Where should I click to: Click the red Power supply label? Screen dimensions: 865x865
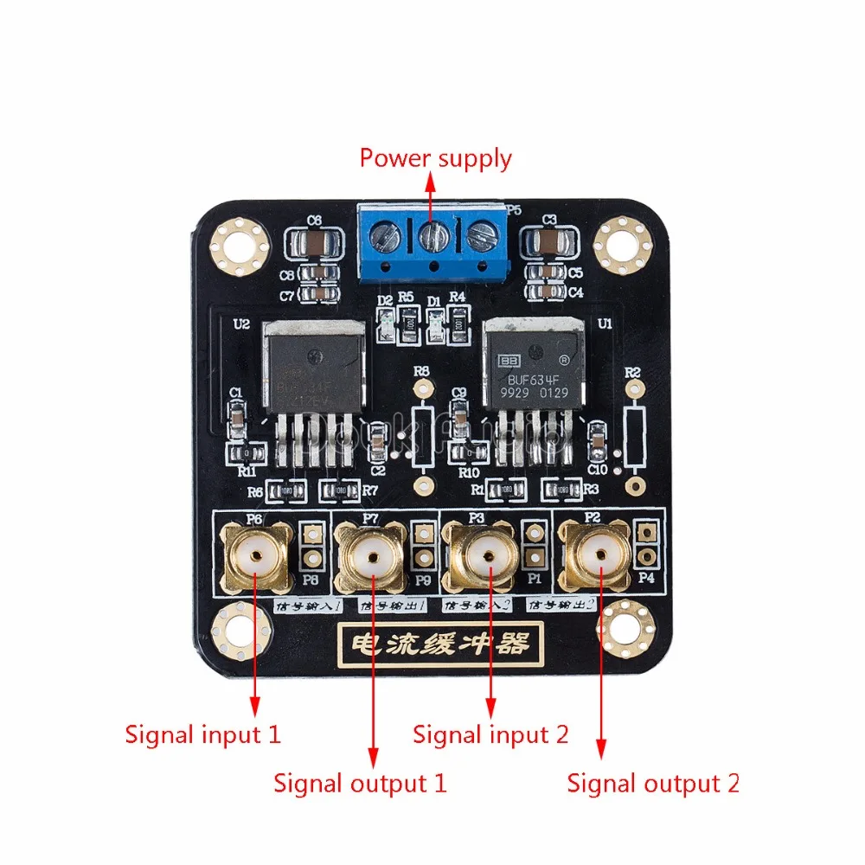coord(435,158)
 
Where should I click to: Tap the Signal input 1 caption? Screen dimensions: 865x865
coord(203,735)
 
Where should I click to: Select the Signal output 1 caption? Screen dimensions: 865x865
coord(360,784)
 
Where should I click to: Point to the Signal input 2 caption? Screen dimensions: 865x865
coord(490,735)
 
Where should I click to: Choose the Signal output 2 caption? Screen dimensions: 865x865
coord(653,784)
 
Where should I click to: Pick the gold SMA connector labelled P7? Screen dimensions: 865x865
coord(373,554)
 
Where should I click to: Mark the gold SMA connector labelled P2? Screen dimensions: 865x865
coord(598,554)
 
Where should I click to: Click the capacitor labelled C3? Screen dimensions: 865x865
coord(548,240)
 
